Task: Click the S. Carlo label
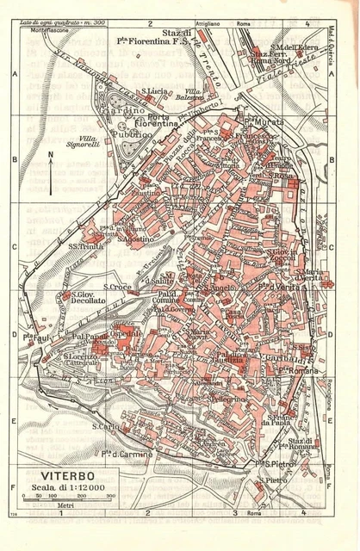[x=104, y=425]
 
